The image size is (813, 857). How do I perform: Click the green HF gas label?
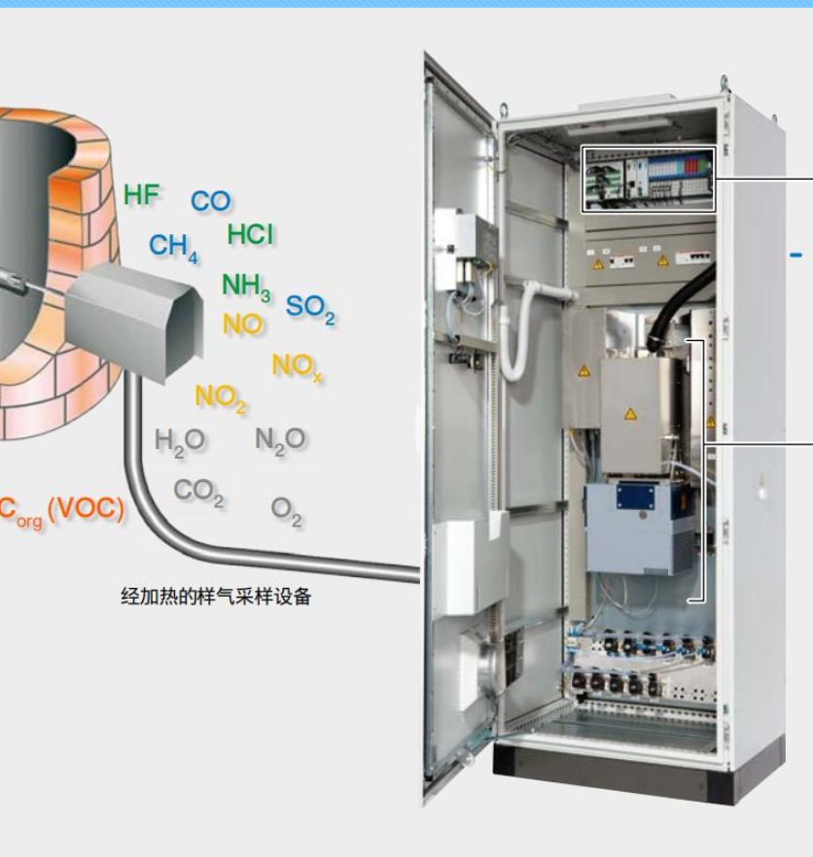click(x=141, y=195)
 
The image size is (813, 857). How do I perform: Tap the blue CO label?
click(x=210, y=201)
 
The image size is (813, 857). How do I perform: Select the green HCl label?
click(x=250, y=235)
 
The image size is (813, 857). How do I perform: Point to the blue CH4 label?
click(x=173, y=248)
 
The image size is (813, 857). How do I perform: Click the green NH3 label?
click(x=245, y=286)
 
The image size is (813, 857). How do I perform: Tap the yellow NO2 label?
click(x=221, y=397)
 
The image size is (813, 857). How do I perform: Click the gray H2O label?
click(x=179, y=441)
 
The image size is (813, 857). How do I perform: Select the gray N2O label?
click(x=280, y=440)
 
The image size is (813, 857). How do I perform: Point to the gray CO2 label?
click(x=198, y=492)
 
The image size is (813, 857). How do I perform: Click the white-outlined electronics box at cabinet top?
click(x=648, y=179)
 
